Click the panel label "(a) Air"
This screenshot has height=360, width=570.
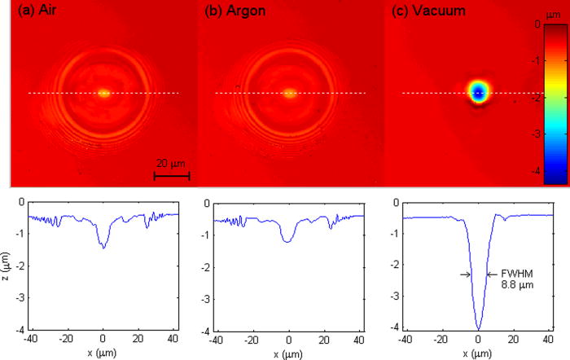(x=36, y=11)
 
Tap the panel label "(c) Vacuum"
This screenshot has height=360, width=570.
(x=420, y=11)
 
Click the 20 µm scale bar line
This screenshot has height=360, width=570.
(x=172, y=175)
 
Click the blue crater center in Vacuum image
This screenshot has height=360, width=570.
(x=478, y=94)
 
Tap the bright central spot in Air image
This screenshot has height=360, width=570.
(x=103, y=93)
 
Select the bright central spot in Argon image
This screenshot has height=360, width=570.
(x=290, y=93)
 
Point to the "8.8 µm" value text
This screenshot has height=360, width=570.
(x=514, y=287)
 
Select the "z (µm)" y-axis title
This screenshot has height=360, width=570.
(x=7, y=266)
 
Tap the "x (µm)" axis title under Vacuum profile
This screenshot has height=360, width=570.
(x=478, y=353)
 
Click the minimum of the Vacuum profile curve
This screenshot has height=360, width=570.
(x=478, y=329)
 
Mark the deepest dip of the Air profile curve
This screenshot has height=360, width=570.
(x=103, y=248)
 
